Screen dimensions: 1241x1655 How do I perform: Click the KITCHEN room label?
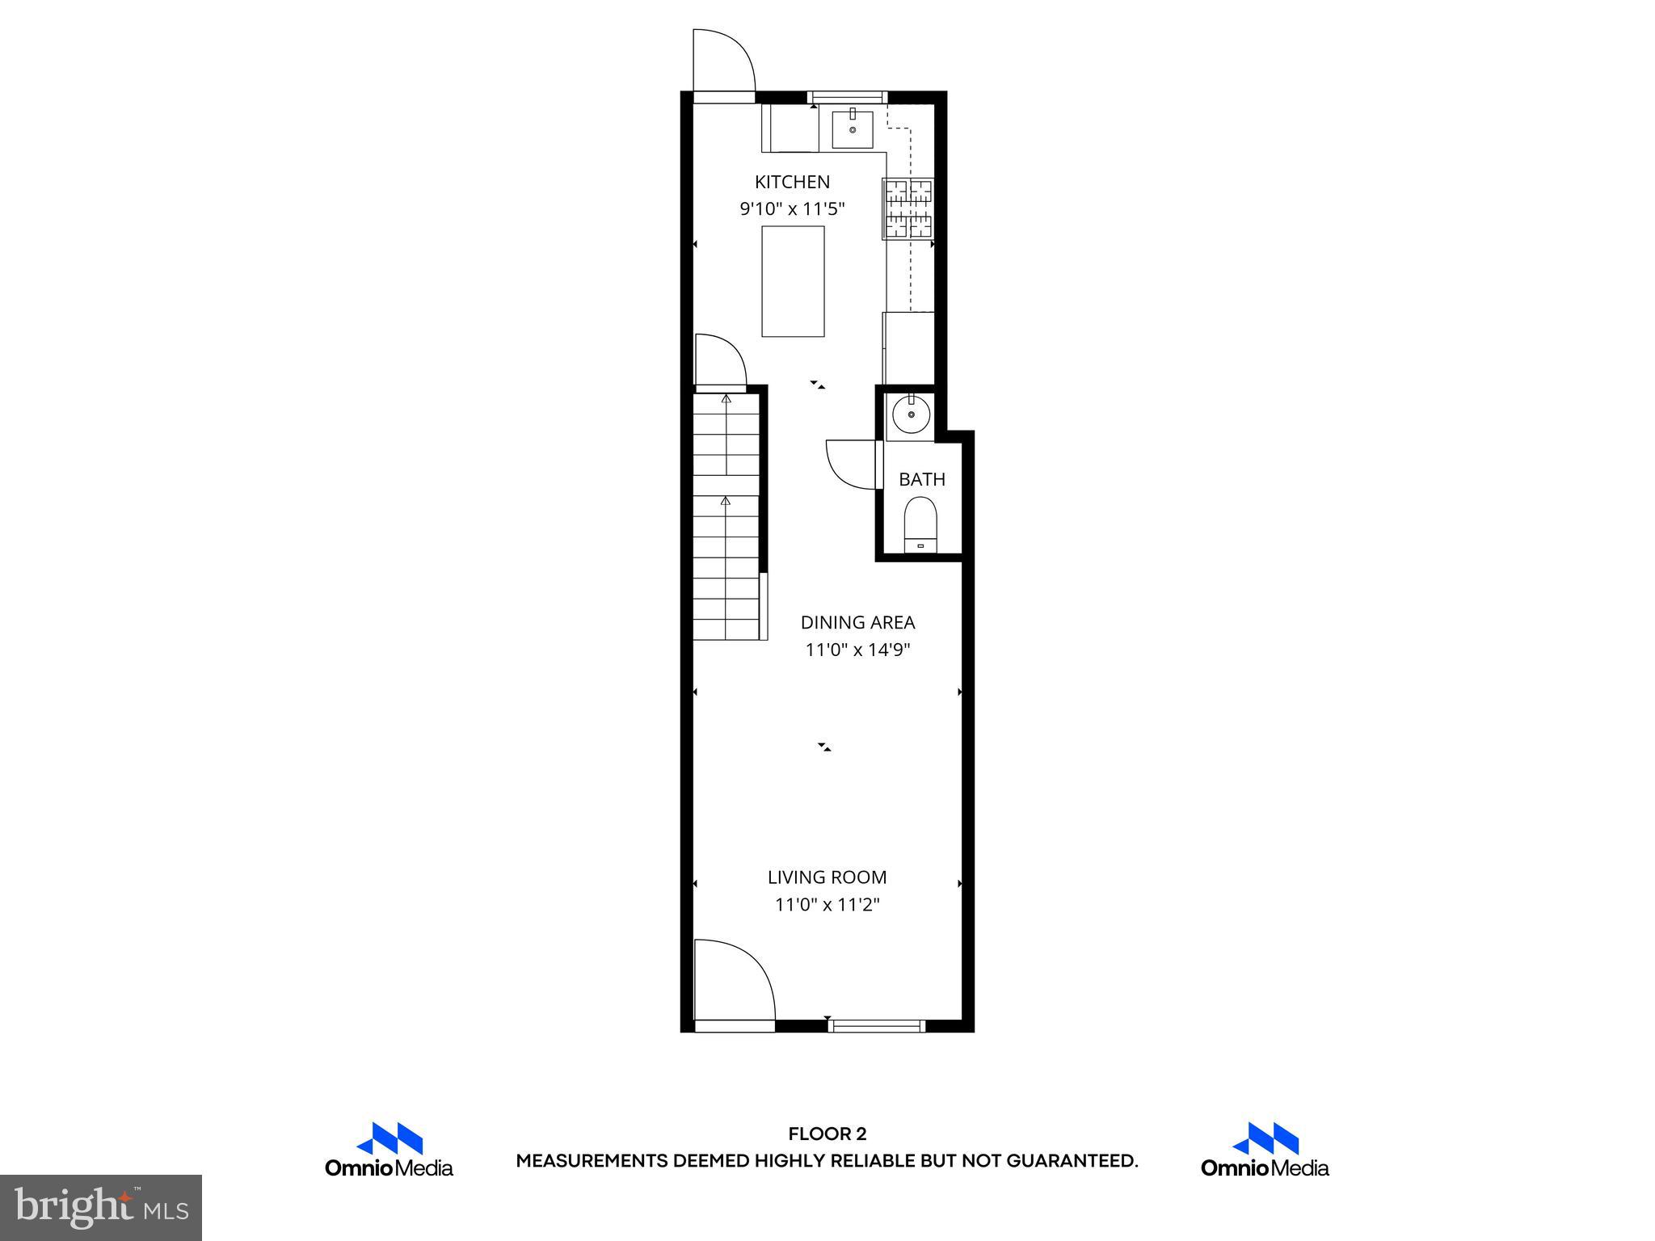(x=792, y=182)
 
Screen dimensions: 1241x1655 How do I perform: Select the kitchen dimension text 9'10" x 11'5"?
(x=792, y=209)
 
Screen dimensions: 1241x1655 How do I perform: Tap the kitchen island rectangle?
(x=793, y=281)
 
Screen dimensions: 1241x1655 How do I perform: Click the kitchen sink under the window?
(x=853, y=130)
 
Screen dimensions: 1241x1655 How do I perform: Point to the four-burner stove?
(x=908, y=208)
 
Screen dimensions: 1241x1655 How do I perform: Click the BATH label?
(x=922, y=479)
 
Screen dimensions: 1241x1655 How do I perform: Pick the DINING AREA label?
(x=857, y=622)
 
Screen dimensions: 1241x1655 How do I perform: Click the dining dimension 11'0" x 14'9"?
(x=857, y=650)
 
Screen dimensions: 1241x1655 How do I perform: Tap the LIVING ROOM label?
(x=827, y=877)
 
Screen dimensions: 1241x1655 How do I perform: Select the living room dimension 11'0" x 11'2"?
(x=827, y=904)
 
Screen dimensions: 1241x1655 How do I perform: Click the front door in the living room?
(x=734, y=982)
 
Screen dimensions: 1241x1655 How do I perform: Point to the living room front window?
(x=877, y=1026)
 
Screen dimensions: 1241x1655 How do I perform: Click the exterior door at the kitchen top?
(x=723, y=63)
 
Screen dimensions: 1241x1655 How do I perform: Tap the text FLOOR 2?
(x=827, y=1134)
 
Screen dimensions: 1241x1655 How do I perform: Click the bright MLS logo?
(x=100, y=1207)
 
